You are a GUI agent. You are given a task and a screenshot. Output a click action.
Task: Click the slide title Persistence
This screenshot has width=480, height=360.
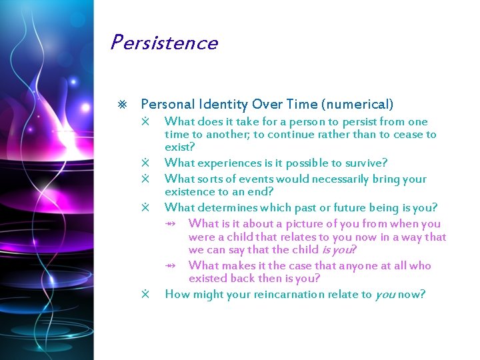[164, 43]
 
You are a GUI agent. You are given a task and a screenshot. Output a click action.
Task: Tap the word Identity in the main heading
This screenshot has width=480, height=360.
[222, 105]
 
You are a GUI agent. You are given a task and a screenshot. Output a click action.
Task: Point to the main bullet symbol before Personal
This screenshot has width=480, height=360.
[121, 105]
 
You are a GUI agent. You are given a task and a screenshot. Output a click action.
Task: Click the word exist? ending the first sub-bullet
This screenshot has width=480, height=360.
[180, 147]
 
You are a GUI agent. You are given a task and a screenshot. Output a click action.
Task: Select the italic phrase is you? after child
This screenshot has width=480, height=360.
[339, 250]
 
